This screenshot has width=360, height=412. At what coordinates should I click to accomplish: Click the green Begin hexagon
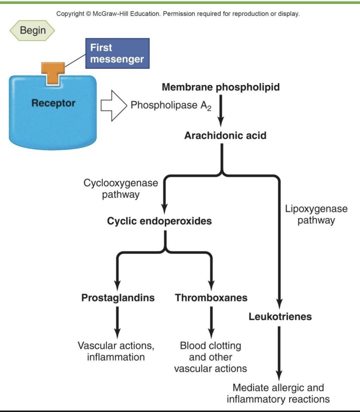tap(32, 30)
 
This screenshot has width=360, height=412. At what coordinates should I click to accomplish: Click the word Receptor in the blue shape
tap(54, 103)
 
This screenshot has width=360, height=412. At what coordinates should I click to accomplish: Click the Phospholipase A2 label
tap(171, 106)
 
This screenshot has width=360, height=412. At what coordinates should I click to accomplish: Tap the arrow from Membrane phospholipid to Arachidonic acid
tap(221, 111)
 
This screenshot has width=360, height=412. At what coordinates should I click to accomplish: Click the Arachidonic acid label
tap(225, 136)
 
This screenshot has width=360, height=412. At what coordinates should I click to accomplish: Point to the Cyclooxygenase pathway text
tap(121, 189)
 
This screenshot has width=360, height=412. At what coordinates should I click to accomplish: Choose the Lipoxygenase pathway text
tap(316, 214)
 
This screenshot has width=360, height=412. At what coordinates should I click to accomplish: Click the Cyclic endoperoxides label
tap(159, 221)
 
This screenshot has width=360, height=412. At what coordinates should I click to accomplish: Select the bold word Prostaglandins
tap(118, 298)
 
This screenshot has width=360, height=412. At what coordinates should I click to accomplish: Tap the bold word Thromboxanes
tap(211, 298)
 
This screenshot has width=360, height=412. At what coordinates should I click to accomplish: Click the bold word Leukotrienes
tap(280, 317)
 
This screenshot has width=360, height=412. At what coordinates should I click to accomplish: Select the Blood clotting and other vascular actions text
tap(210, 357)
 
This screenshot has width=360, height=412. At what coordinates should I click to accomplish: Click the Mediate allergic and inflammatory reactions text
tap(280, 393)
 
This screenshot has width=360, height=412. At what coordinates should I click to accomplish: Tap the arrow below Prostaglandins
tap(118, 320)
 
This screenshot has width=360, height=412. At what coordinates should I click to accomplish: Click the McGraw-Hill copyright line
tap(178, 13)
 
